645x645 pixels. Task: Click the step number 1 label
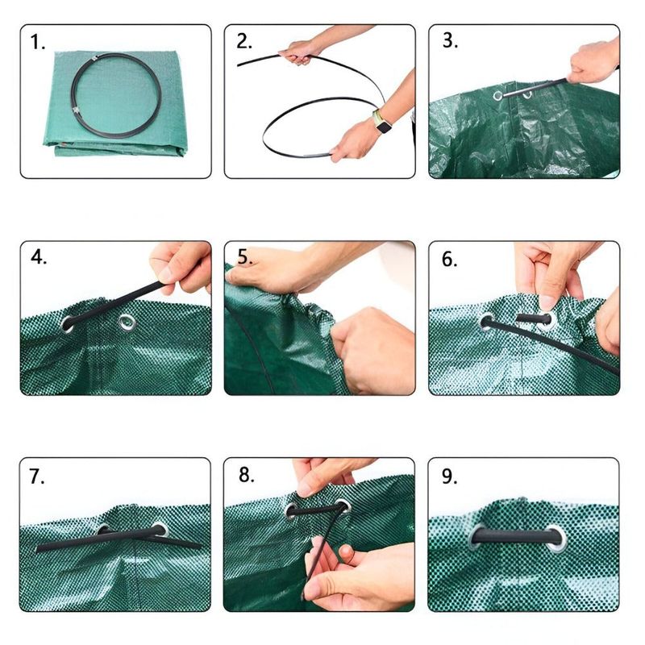[38, 43]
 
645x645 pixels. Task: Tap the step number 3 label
[450, 42]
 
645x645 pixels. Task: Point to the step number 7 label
[38, 476]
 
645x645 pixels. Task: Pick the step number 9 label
[450, 476]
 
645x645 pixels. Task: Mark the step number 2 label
[245, 42]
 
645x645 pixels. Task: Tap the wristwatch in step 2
[381, 123]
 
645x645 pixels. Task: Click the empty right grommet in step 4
[127, 323]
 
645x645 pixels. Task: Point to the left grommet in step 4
[68, 324]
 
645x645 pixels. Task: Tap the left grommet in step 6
[487, 322]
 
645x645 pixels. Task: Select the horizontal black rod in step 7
[117, 538]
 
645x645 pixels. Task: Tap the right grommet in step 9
[556, 539]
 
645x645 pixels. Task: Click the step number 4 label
[38, 258]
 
